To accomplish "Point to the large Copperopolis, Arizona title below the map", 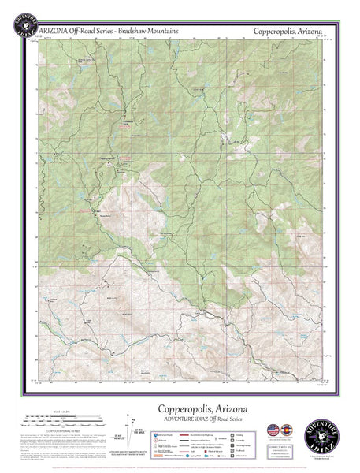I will [x=202, y=408].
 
